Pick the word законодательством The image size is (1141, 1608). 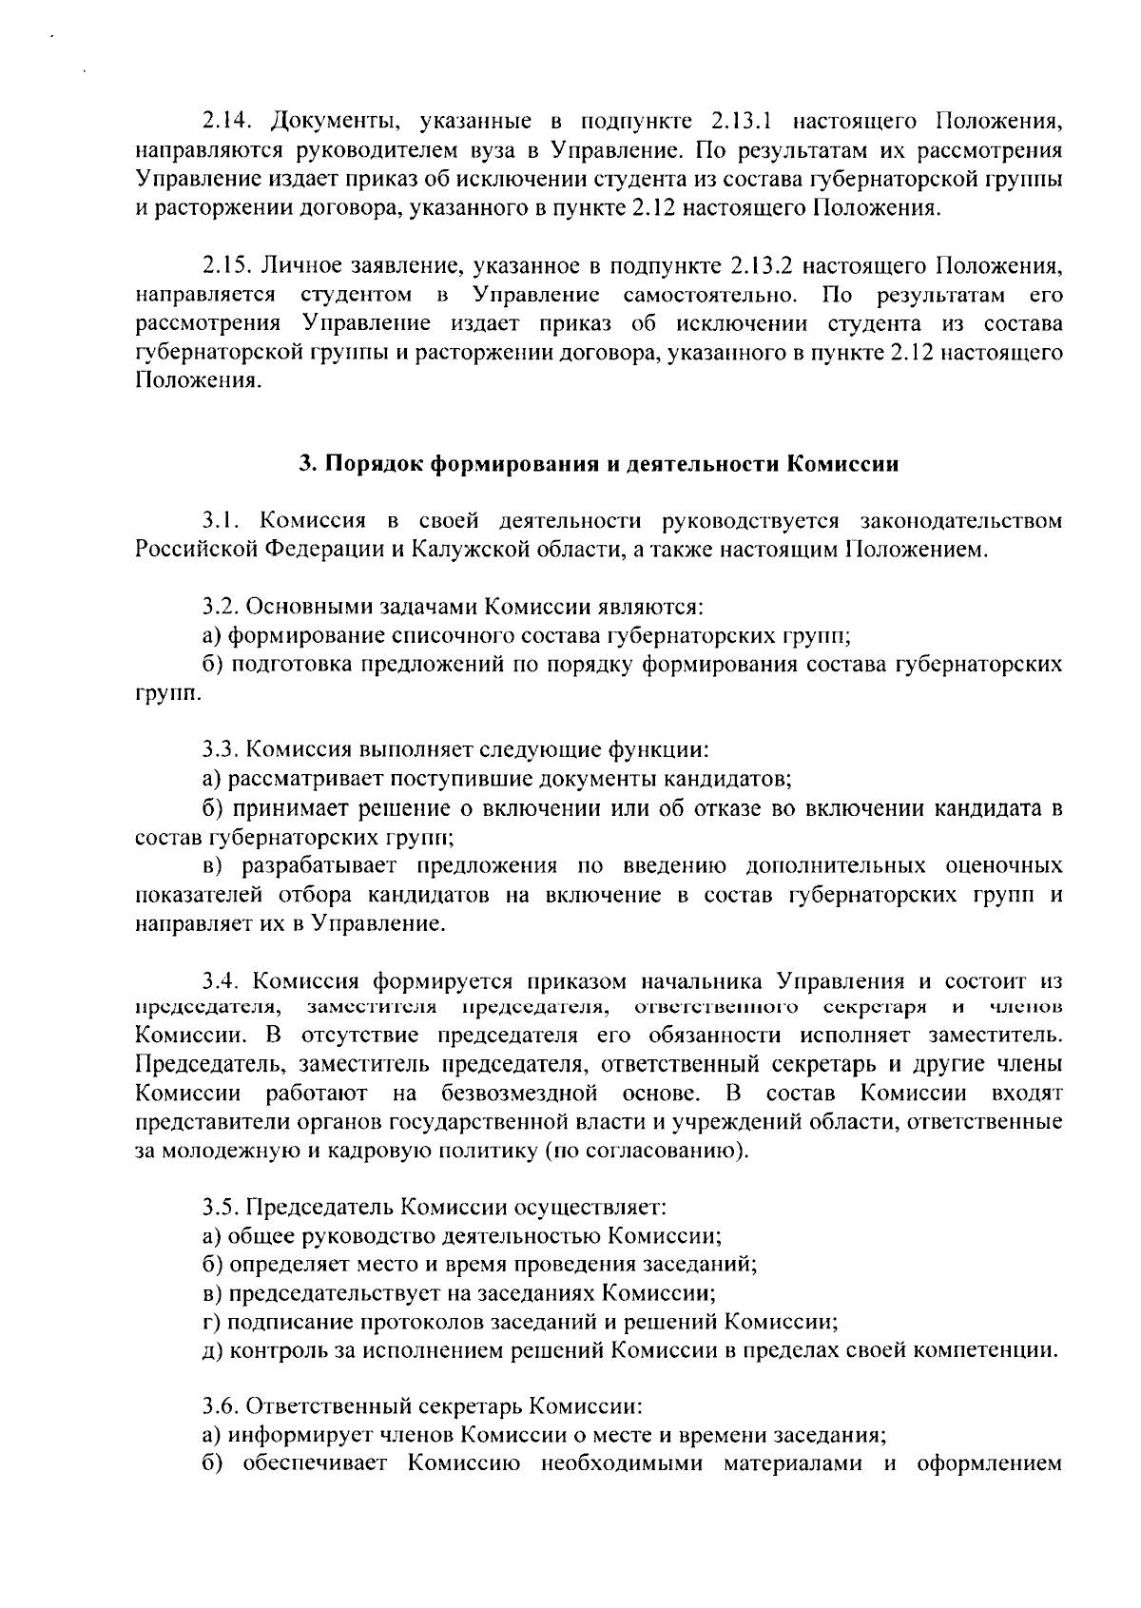(x=959, y=521)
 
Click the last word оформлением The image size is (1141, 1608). (x=989, y=1462)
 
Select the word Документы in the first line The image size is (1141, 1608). (x=329, y=122)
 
